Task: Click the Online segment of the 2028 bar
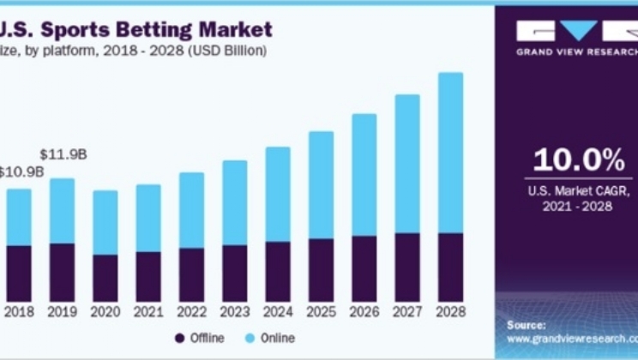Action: [450, 153]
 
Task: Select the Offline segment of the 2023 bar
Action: [235, 273]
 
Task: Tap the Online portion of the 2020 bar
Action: [105, 222]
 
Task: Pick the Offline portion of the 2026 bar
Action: [364, 268]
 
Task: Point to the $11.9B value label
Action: [63, 154]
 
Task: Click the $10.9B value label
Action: [21, 171]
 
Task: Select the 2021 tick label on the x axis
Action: [148, 314]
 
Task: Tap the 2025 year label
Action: [321, 314]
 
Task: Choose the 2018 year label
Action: [19, 314]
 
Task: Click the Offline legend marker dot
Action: [180, 338]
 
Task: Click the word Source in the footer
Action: [526, 325]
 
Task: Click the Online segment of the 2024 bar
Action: [278, 195]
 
